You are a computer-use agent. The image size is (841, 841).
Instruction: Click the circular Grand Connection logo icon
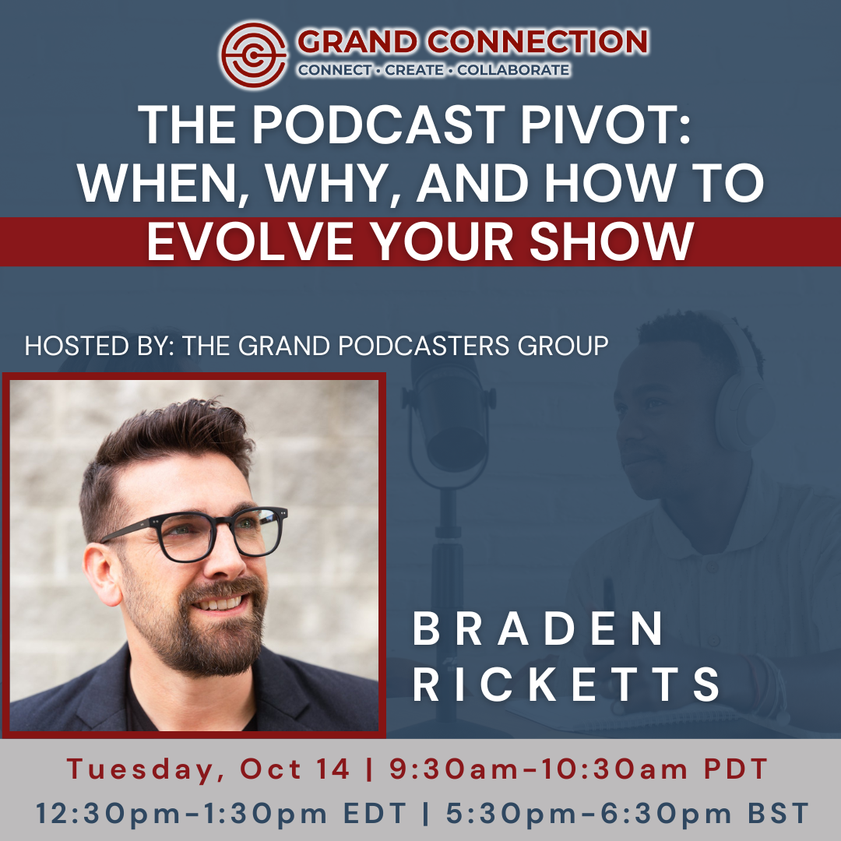[254, 55]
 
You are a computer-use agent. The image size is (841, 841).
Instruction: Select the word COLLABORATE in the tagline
[513, 70]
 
